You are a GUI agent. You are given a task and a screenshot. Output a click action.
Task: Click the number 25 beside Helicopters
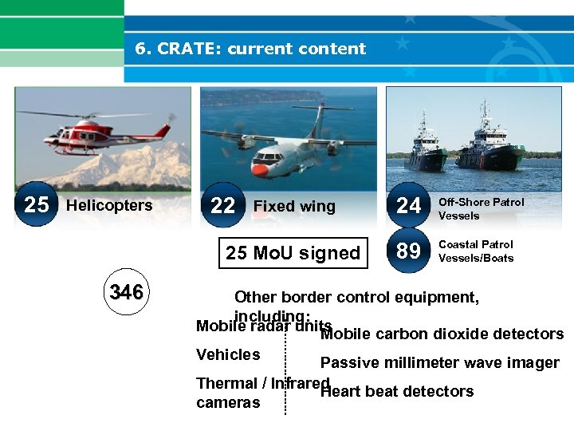click(36, 205)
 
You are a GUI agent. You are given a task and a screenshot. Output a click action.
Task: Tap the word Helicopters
click(109, 205)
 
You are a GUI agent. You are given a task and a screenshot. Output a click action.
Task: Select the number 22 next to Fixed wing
click(222, 206)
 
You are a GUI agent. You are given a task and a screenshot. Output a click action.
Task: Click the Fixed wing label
click(294, 207)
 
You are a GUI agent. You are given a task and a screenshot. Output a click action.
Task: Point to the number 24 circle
click(408, 206)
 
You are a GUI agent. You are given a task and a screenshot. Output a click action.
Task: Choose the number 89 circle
click(408, 251)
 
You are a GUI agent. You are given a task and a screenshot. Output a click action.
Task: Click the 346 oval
click(127, 293)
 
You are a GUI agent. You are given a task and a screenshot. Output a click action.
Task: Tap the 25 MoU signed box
click(293, 253)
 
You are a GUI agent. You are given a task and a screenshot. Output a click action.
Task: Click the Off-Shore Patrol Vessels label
click(481, 208)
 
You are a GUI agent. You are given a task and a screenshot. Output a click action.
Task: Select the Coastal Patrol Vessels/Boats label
click(476, 251)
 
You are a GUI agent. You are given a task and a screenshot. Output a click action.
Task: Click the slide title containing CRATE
click(250, 49)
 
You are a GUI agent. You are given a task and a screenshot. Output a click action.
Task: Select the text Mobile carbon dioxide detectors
click(442, 334)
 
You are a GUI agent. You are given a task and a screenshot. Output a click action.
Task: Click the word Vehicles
click(228, 354)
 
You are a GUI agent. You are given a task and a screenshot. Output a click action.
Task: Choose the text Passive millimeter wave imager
click(439, 363)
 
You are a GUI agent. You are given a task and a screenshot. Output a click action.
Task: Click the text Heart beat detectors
click(397, 392)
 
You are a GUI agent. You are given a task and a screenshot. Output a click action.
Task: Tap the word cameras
click(228, 403)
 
